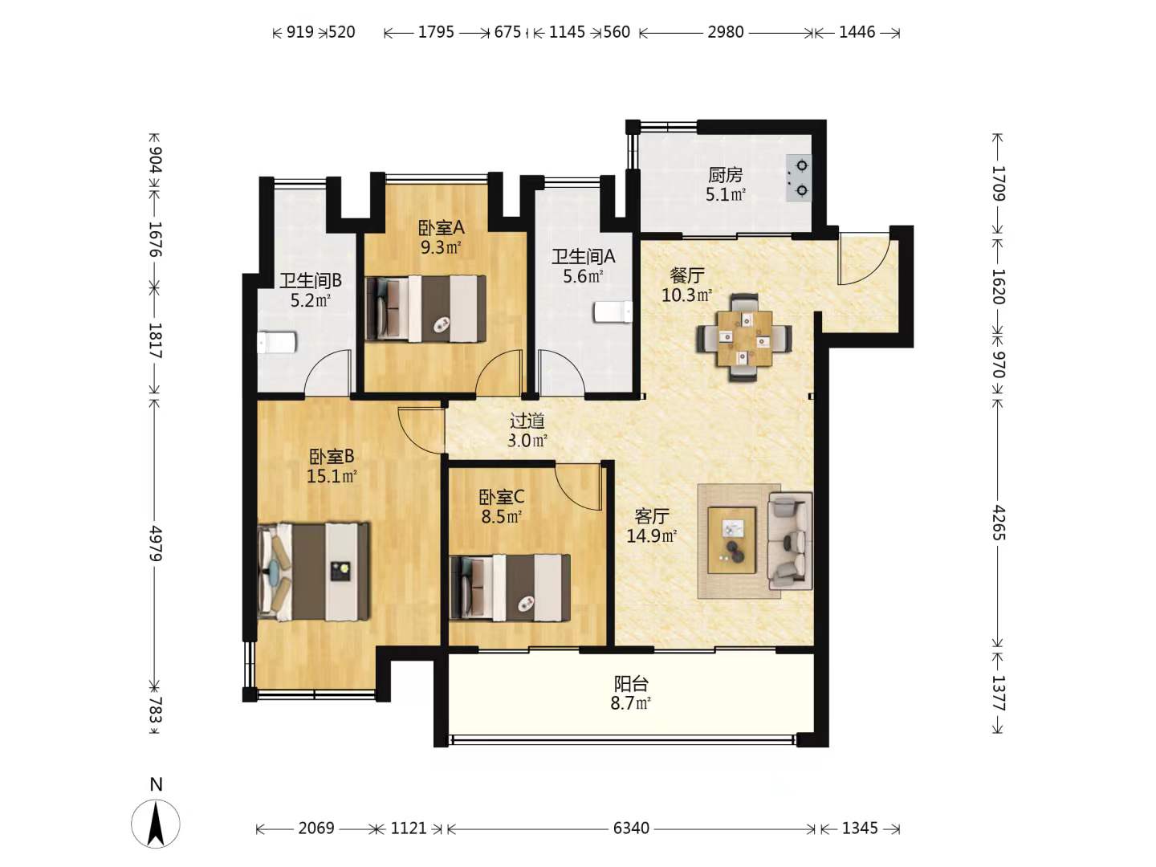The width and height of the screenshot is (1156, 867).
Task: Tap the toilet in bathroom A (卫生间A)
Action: (x=613, y=311)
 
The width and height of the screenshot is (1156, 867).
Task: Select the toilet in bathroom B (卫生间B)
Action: (x=277, y=342)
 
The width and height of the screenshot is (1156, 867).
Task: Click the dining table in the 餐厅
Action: (x=743, y=338)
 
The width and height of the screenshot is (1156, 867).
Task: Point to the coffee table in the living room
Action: (x=731, y=540)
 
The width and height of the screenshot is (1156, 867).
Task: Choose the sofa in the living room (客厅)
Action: (x=790, y=540)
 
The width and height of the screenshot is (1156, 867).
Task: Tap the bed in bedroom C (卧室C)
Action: (x=510, y=587)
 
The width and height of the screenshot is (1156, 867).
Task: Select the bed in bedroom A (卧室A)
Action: (x=425, y=308)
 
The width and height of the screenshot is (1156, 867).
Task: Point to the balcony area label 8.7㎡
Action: (x=630, y=703)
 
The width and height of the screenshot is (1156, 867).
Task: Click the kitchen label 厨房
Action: (x=725, y=175)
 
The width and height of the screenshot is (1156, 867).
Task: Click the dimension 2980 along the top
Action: (x=725, y=32)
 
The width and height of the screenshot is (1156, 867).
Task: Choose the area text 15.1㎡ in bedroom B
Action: (x=332, y=476)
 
